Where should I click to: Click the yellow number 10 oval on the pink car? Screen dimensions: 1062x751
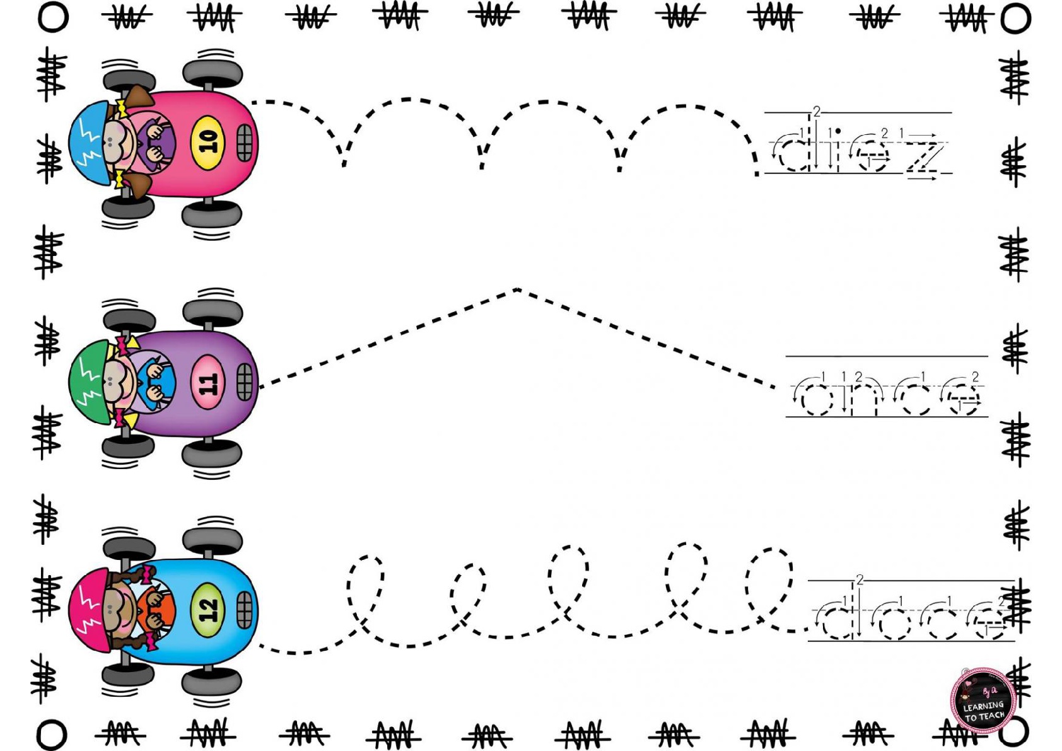point(207,143)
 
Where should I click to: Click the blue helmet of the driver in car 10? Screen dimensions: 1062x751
point(88,143)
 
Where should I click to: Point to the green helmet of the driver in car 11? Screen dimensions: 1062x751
point(88,381)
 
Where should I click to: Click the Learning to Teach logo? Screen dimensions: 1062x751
point(983,701)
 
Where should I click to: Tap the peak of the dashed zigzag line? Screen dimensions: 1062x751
point(516,289)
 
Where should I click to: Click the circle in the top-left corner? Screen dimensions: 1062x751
point(53,18)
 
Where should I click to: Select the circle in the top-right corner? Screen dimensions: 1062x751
point(1015,18)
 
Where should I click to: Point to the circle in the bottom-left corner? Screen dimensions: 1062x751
point(51,735)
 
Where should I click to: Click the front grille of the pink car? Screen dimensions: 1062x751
point(244,143)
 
